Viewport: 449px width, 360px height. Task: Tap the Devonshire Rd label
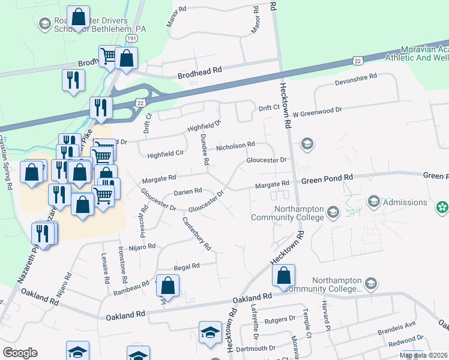pos(355,77)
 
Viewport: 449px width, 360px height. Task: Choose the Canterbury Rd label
pos(197,233)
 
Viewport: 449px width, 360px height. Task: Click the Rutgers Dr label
pos(281,319)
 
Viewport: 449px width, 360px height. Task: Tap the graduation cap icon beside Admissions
pos(373,201)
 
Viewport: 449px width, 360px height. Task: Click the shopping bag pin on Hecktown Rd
pos(283,275)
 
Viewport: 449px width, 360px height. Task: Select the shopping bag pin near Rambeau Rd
pos(168,286)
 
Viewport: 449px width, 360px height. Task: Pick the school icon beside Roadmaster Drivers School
pos(44,23)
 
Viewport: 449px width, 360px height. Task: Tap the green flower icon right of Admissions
pos(442,206)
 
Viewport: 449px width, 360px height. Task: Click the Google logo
pos(20,353)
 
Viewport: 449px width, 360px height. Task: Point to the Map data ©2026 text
pos(424,356)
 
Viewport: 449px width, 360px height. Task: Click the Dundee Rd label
pos(204,150)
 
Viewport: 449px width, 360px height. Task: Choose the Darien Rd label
pos(187,191)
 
